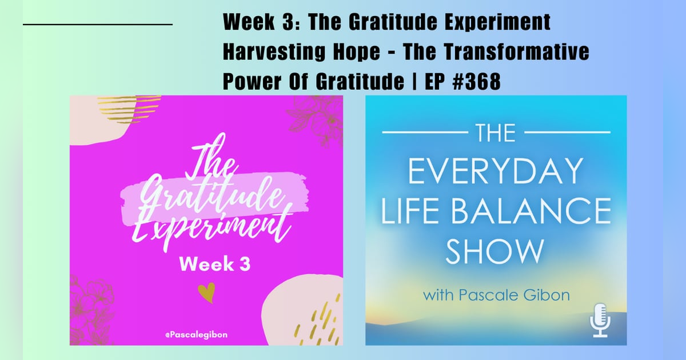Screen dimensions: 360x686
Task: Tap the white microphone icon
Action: (600, 320)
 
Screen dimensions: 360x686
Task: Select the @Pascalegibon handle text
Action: (196, 334)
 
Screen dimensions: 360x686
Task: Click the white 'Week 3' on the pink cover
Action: (208, 264)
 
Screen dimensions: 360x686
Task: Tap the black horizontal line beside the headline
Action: (97, 25)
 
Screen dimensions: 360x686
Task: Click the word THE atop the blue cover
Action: (496, 133)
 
